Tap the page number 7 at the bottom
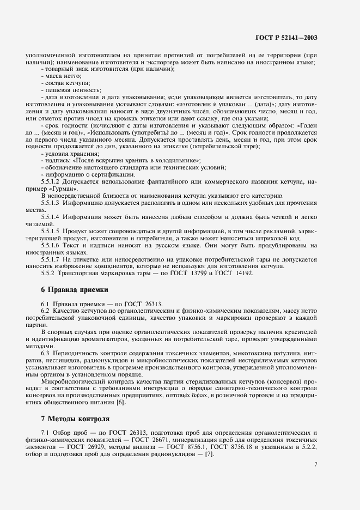[315, 465]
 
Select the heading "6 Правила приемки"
[75, 289]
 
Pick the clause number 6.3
[45, 353]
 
